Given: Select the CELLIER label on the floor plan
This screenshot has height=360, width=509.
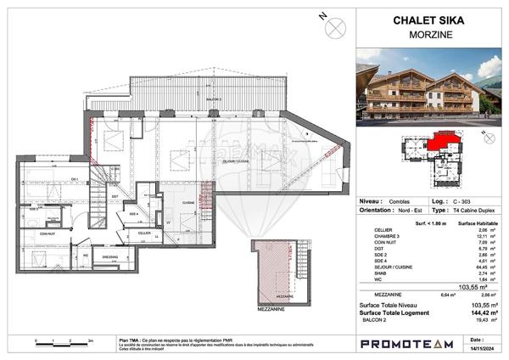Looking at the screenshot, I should click(144, 232).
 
